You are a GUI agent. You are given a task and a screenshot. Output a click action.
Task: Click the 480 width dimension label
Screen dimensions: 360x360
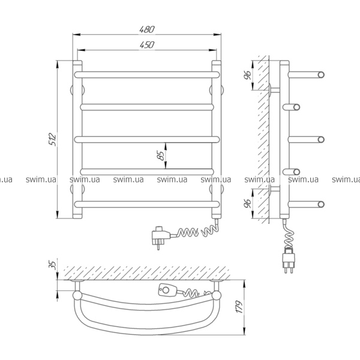coord(147,29)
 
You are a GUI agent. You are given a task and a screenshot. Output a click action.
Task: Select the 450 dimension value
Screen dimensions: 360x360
coord(147,45)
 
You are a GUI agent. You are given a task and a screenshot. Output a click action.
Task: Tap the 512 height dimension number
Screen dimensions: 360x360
coord(52,139)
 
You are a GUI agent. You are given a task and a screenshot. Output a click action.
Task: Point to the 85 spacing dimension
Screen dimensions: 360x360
coord(161,155)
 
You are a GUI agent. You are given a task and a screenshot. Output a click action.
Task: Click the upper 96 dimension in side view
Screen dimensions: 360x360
coord(247,75)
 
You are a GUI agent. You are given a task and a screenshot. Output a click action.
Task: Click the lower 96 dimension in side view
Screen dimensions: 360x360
coord(247,203)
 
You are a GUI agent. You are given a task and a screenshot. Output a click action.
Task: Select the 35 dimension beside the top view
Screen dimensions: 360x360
coord(52,265)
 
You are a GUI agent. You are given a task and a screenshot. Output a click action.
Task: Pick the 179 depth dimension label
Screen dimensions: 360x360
coord(239,307)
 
